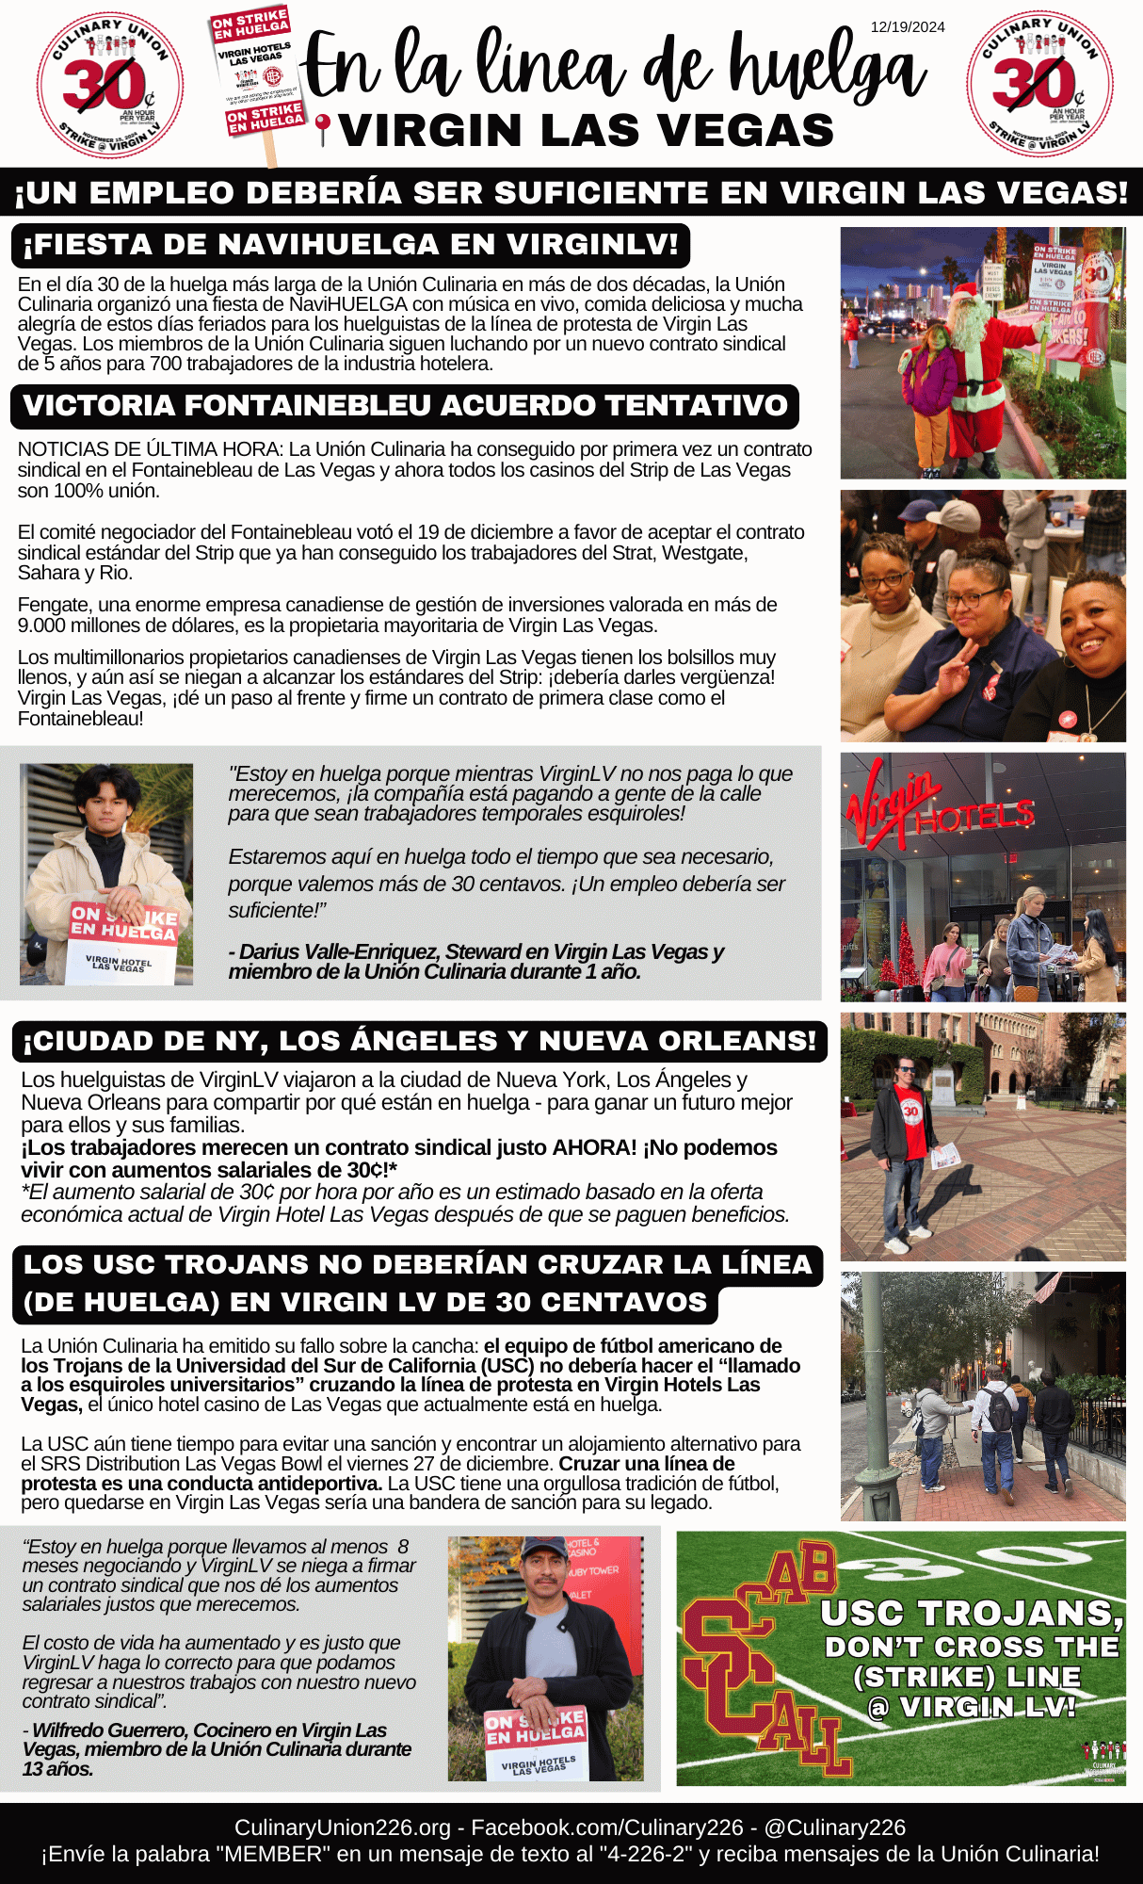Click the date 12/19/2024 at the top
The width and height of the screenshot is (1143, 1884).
pyautogui.click(x=907, y=27)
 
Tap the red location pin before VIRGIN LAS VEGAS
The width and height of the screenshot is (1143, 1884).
pyautogui.click(x=323, y=128)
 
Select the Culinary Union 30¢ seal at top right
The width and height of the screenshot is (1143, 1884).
pyautogui.click(x=1039, y=85)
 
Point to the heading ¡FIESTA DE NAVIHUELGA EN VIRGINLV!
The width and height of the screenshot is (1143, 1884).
pyautogui.click(x=350, y=245)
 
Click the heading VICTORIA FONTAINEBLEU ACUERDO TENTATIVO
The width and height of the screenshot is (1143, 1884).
pyautogui.click(x=405, y=406)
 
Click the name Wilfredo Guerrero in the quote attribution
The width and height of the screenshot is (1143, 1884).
pyautogui.click(x=114, y=1730)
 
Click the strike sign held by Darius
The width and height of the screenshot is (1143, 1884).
pyautogui.click(x=122, y=942)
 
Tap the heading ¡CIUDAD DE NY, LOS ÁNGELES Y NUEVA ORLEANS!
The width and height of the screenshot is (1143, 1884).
pyautogui.click(x=420, y=1041)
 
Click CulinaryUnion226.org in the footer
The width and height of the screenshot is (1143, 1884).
pyautogui.click(x=343, y=1827)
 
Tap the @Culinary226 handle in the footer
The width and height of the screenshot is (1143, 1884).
pyautogui.click(x=834, y=1827)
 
